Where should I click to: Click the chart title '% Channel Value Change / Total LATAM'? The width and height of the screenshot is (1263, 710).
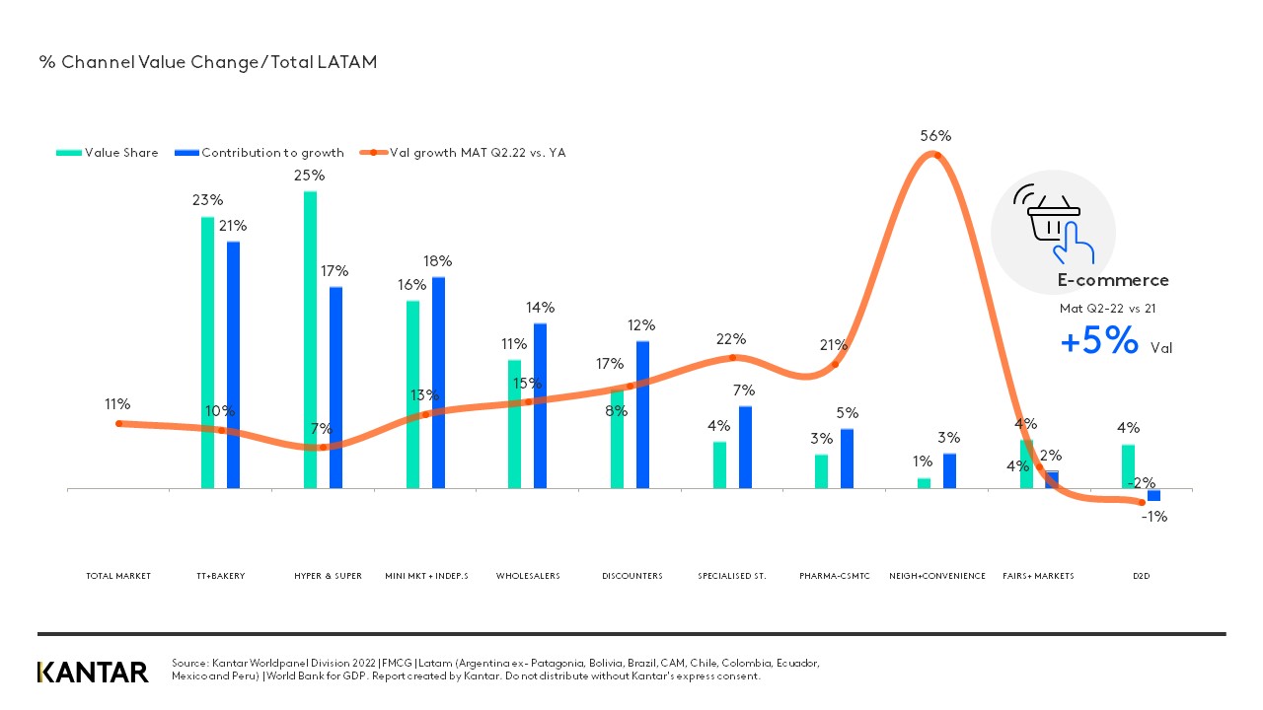click(x=207, y=62)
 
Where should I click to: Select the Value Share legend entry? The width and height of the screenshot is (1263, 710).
click(x=109, y=153)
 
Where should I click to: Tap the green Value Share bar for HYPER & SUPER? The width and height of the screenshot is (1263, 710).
click(x=310, y=340)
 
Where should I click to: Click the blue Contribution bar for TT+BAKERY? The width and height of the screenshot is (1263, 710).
click(x=233, y=365)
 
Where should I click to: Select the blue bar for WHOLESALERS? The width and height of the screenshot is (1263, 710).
click(x=540, y=405)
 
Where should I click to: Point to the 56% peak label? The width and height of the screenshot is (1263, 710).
click(x=935, y=136)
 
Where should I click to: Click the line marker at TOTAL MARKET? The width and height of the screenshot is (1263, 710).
click(x=118, y=423)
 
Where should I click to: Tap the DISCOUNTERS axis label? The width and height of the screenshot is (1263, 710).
click(x=631, y=576)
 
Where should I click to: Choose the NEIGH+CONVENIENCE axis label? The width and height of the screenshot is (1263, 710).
click(x=937, y=576)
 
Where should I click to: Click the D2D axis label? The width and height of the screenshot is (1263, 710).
click(x=1142, y=576)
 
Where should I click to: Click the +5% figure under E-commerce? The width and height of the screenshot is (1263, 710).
click(x=1099, y=342)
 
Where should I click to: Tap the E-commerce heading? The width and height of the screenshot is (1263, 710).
click(x=1113, y=280)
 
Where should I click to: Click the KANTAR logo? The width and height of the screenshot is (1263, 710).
click(x=93, y=673)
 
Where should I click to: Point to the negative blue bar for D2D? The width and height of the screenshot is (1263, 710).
click(x=1153, y=495)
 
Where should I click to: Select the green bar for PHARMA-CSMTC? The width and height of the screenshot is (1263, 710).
click(x=821, y=470)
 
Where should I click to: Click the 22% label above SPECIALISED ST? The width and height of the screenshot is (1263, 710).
click(x=731, y=339)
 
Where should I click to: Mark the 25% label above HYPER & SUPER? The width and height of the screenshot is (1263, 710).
click(x=310, y=176)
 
